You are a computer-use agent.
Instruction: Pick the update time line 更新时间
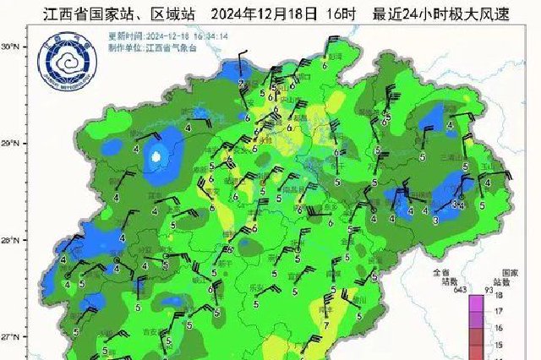pos(161,38)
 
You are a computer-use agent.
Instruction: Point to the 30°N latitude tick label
pos(10,48)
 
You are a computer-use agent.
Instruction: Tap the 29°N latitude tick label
pos(10,145)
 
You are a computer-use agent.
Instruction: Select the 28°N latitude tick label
pos(10,241)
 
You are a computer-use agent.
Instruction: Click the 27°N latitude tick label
pos(10,337)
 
